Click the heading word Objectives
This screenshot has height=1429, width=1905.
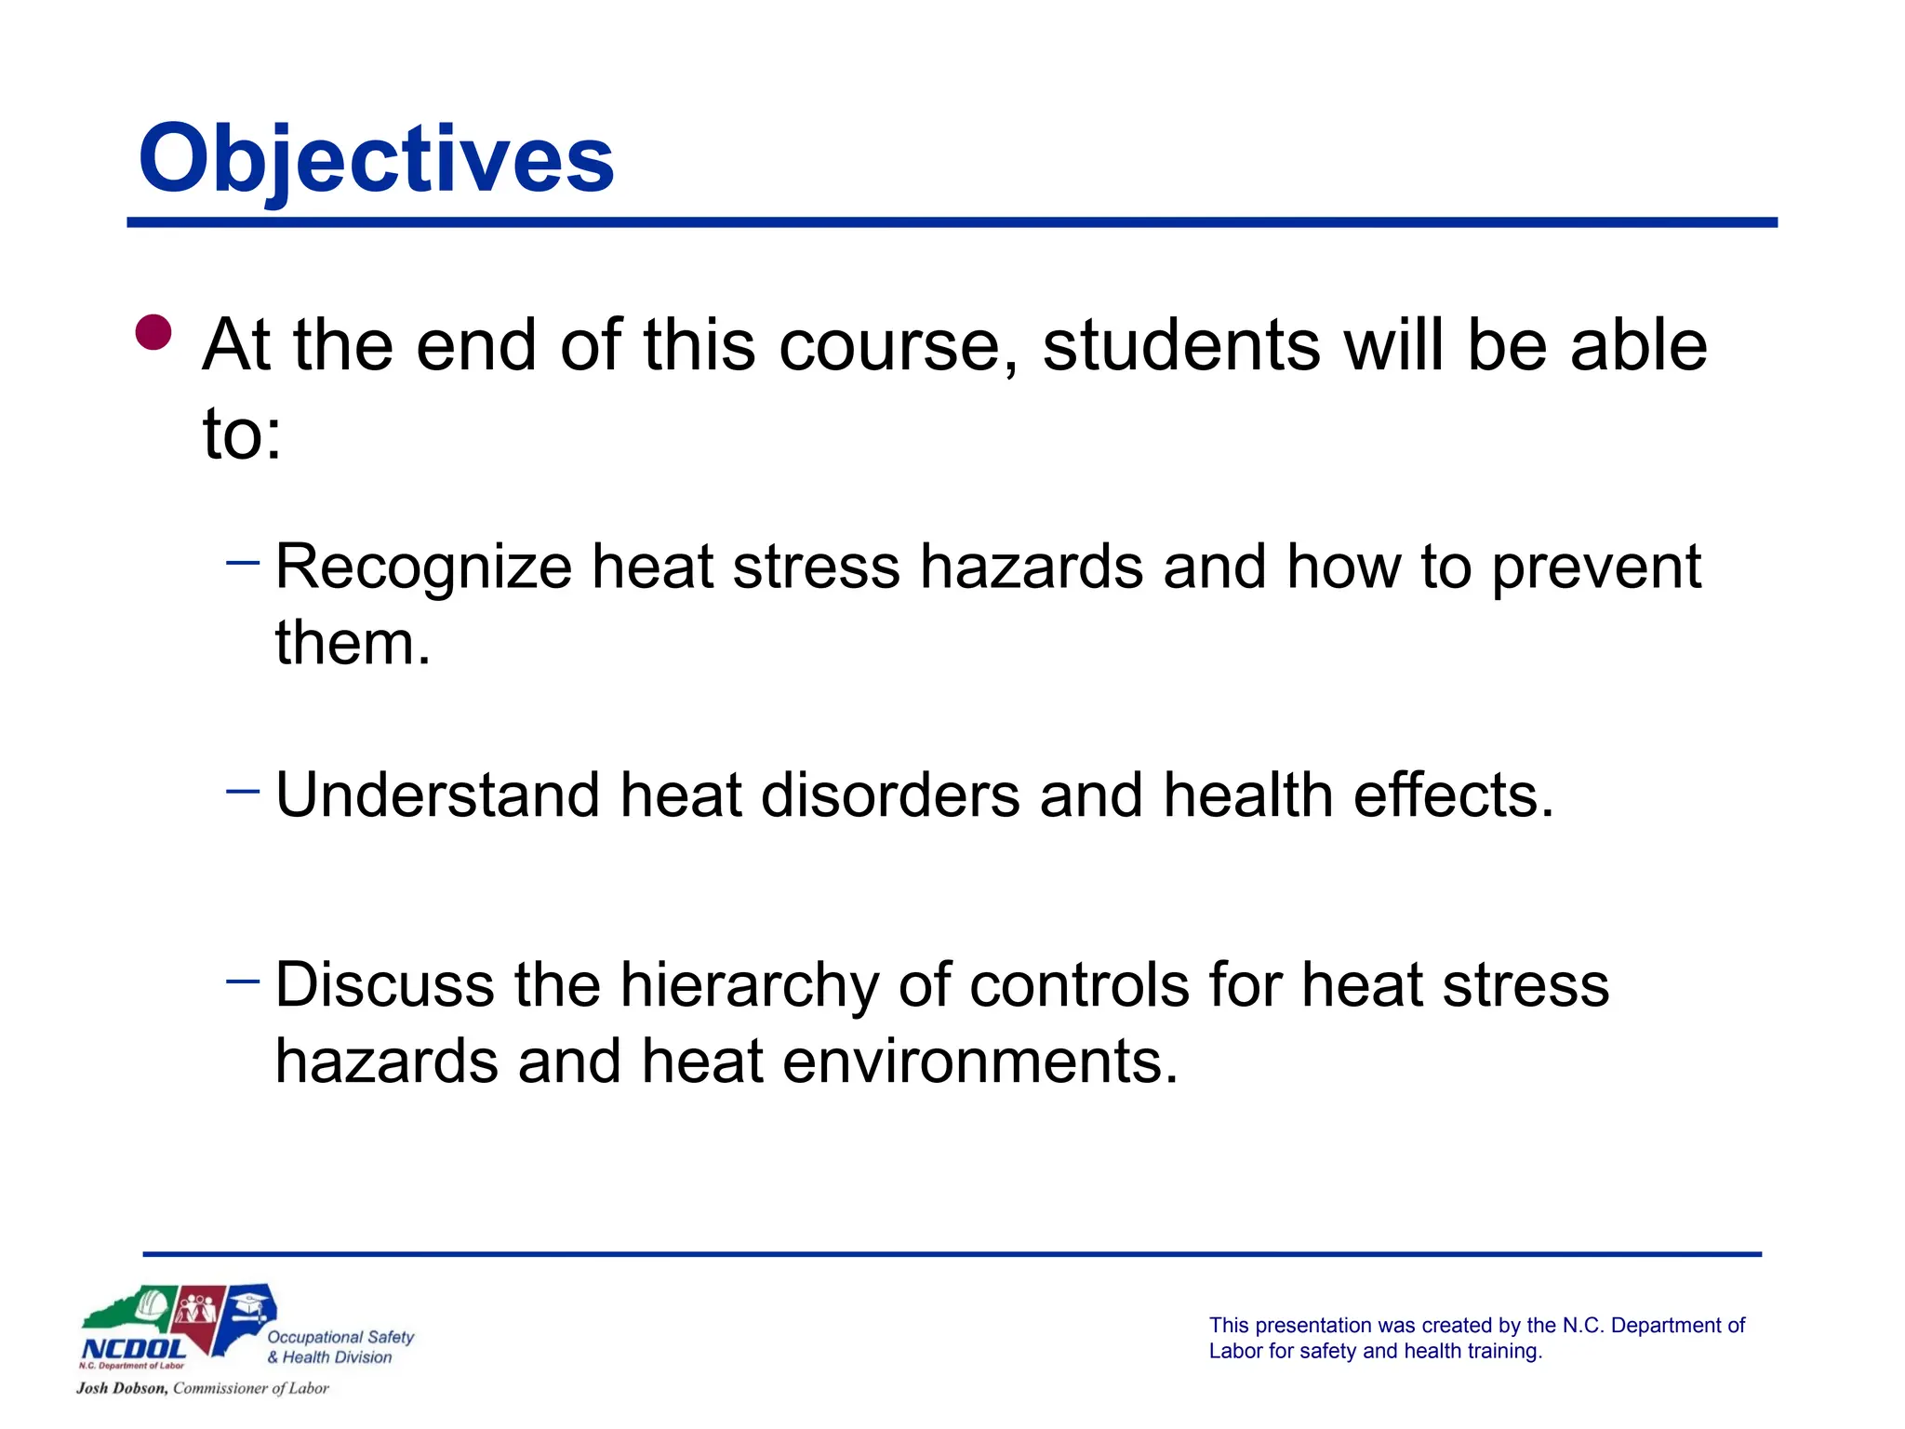(376, 160)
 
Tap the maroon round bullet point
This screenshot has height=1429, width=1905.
(153, 332)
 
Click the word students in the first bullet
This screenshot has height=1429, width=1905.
(1180, 346)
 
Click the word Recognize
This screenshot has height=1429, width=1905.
(423, 568)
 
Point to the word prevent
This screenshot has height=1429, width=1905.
(1596, 568)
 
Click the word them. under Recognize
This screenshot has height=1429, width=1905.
(353, 643)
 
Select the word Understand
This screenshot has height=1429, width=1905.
(437, 796)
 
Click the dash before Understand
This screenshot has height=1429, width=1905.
(243, 791)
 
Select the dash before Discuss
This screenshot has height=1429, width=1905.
(243, 980)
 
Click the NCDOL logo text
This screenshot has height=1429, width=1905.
(134, 1349)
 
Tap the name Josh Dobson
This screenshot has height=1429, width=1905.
(122, 1388)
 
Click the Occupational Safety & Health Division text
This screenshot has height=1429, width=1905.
(339, 1347)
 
